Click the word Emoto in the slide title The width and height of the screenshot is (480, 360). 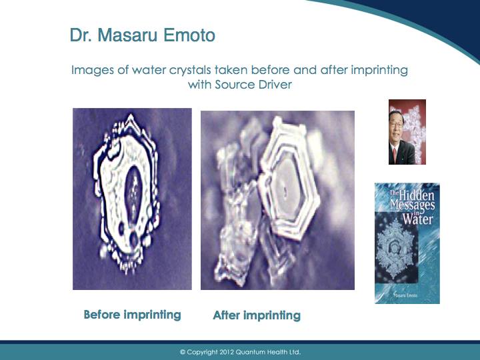pos(189,35)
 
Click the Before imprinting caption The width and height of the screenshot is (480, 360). pos(132,315)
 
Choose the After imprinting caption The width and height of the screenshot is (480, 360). pos(257,315)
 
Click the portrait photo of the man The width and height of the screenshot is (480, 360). pos(407,132)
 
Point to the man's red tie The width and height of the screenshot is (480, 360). pos(395,155)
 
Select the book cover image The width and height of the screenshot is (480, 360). pos(407,243)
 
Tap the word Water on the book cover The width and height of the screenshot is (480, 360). pos(417,219)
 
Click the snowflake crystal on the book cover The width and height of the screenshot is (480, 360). pos(395,249)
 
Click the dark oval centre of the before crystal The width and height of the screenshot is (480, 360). pos(134,193)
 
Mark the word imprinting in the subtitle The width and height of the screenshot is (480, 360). pos(379,71)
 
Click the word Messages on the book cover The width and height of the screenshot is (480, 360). pos(413,206)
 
